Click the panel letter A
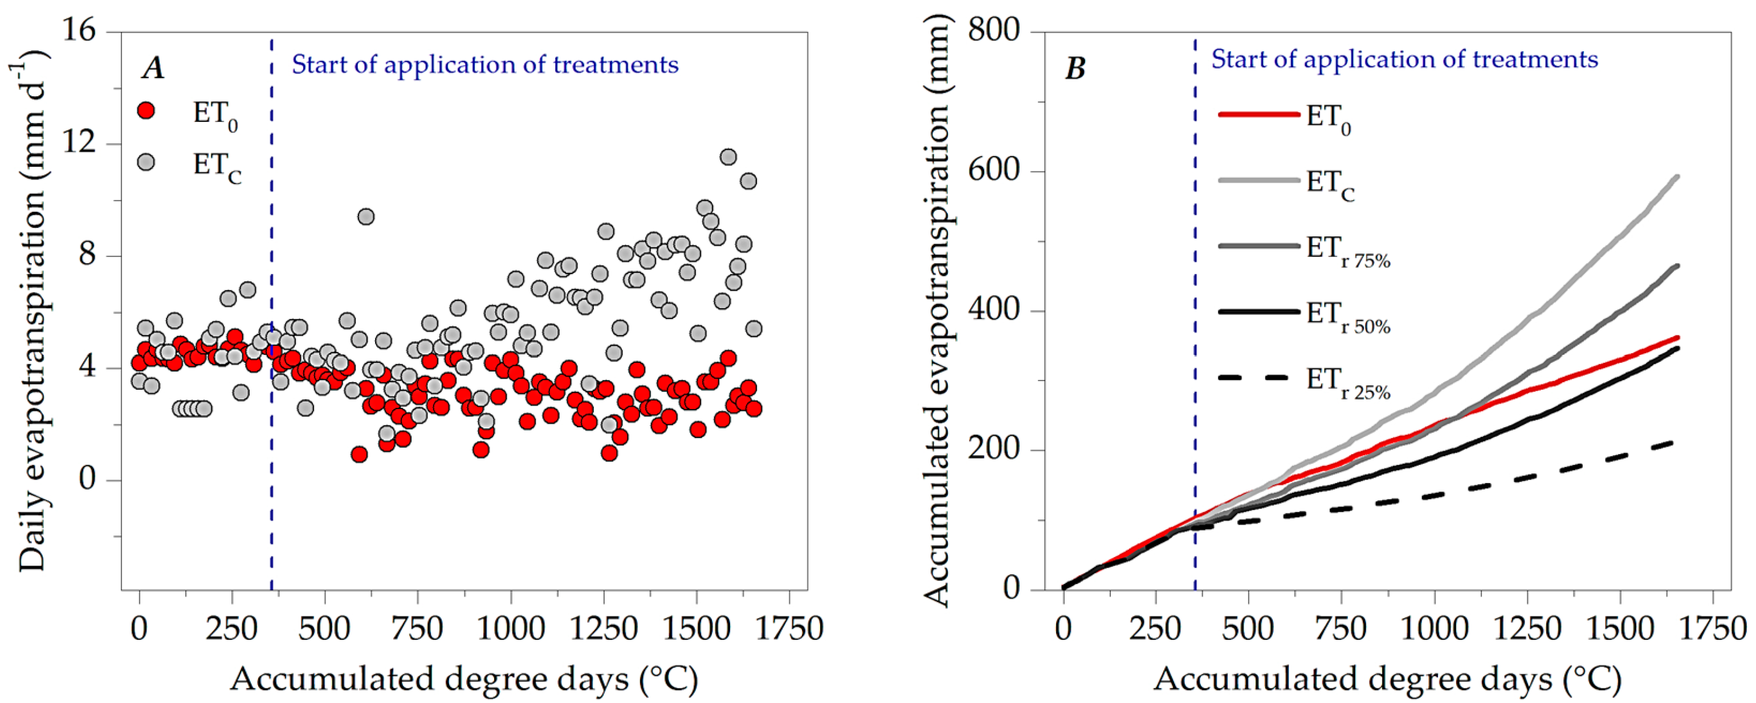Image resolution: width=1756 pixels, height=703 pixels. (153, 68)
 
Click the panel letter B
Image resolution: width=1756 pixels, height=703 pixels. (1075, 68)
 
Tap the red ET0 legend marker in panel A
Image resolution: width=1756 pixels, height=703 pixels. (146, 111)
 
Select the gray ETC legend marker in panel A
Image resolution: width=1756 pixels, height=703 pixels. (146, 162)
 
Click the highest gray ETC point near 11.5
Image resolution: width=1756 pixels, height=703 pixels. (728, 157)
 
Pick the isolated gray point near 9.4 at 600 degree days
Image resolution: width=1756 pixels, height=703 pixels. (366, 216)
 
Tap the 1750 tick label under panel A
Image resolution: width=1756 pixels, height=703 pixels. (789, 628)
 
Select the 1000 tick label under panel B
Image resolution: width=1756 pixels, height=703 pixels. (1434, 628)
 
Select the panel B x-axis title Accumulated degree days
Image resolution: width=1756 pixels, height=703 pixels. (1387, 679)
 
